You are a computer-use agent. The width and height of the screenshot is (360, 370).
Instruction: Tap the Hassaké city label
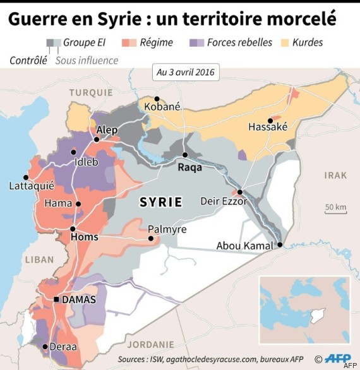tap(268, 127)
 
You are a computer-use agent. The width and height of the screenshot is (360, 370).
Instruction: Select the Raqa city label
tap(190, 167)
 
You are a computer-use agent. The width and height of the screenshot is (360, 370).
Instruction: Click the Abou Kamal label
tap(244, 246)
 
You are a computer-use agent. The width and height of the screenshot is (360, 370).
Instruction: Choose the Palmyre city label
tap(167, 229)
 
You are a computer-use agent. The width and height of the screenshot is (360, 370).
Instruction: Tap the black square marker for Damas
tap(56, 299)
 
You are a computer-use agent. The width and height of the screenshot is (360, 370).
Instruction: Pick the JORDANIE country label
tap(150, 345)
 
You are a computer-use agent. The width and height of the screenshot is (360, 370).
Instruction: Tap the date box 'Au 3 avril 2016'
tap(184, 72)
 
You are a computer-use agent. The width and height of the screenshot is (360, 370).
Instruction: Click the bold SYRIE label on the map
tap(160, 202)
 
